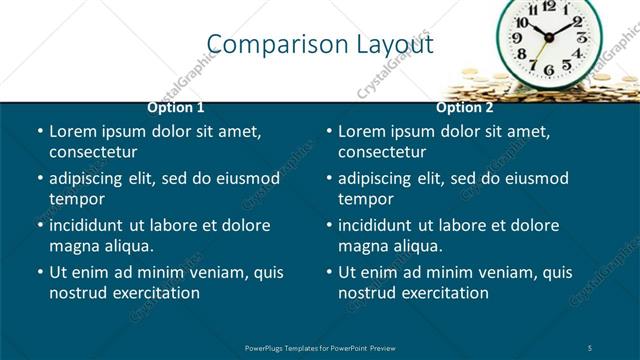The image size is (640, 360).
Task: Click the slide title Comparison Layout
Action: [320, 44]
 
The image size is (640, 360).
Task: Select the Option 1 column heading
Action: [176, 107]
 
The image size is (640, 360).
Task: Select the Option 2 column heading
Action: [465, 107]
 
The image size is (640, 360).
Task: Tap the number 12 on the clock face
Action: [549, 6]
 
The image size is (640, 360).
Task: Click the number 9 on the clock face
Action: [518, 39]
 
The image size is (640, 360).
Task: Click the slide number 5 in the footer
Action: [590, 347]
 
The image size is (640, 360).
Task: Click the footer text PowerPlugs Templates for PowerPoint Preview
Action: [320, 347]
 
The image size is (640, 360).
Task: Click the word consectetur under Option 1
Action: [93, 152]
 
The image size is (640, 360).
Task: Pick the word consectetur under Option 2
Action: [382, 152]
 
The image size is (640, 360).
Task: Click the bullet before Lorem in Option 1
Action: [40, 132]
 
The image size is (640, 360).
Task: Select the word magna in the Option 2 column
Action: [364, 246]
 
